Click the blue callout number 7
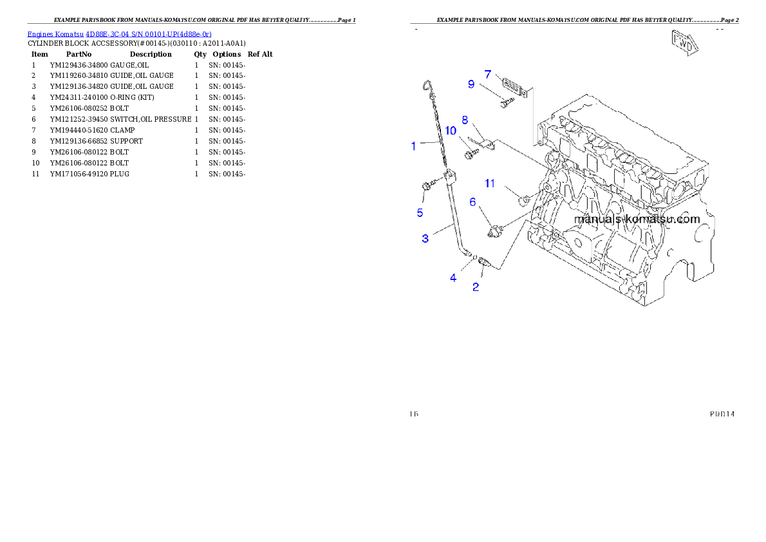coord(488,74)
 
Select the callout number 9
coord(471,84)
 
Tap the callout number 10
coord(451,131)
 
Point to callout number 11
coord(490,183)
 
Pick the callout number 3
coord(425,239)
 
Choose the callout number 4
coord(453,277)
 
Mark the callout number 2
coord(476,287)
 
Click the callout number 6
coord(472,202)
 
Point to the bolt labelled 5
coord(426,187)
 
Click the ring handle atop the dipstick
coord(427,86)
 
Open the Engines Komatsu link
coord(119,33)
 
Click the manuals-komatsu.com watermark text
coord(637,219)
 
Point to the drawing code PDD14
coord(722,413)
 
